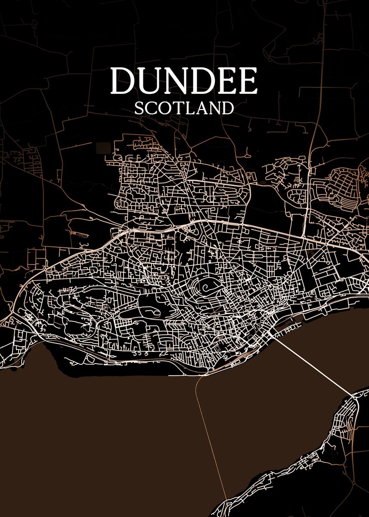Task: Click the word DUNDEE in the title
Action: (184, 81)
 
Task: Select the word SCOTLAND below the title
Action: (184, 108)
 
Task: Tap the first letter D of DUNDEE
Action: (122, 81)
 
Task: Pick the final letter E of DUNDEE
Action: (248, 81)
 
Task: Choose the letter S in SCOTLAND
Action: (139, 108)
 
